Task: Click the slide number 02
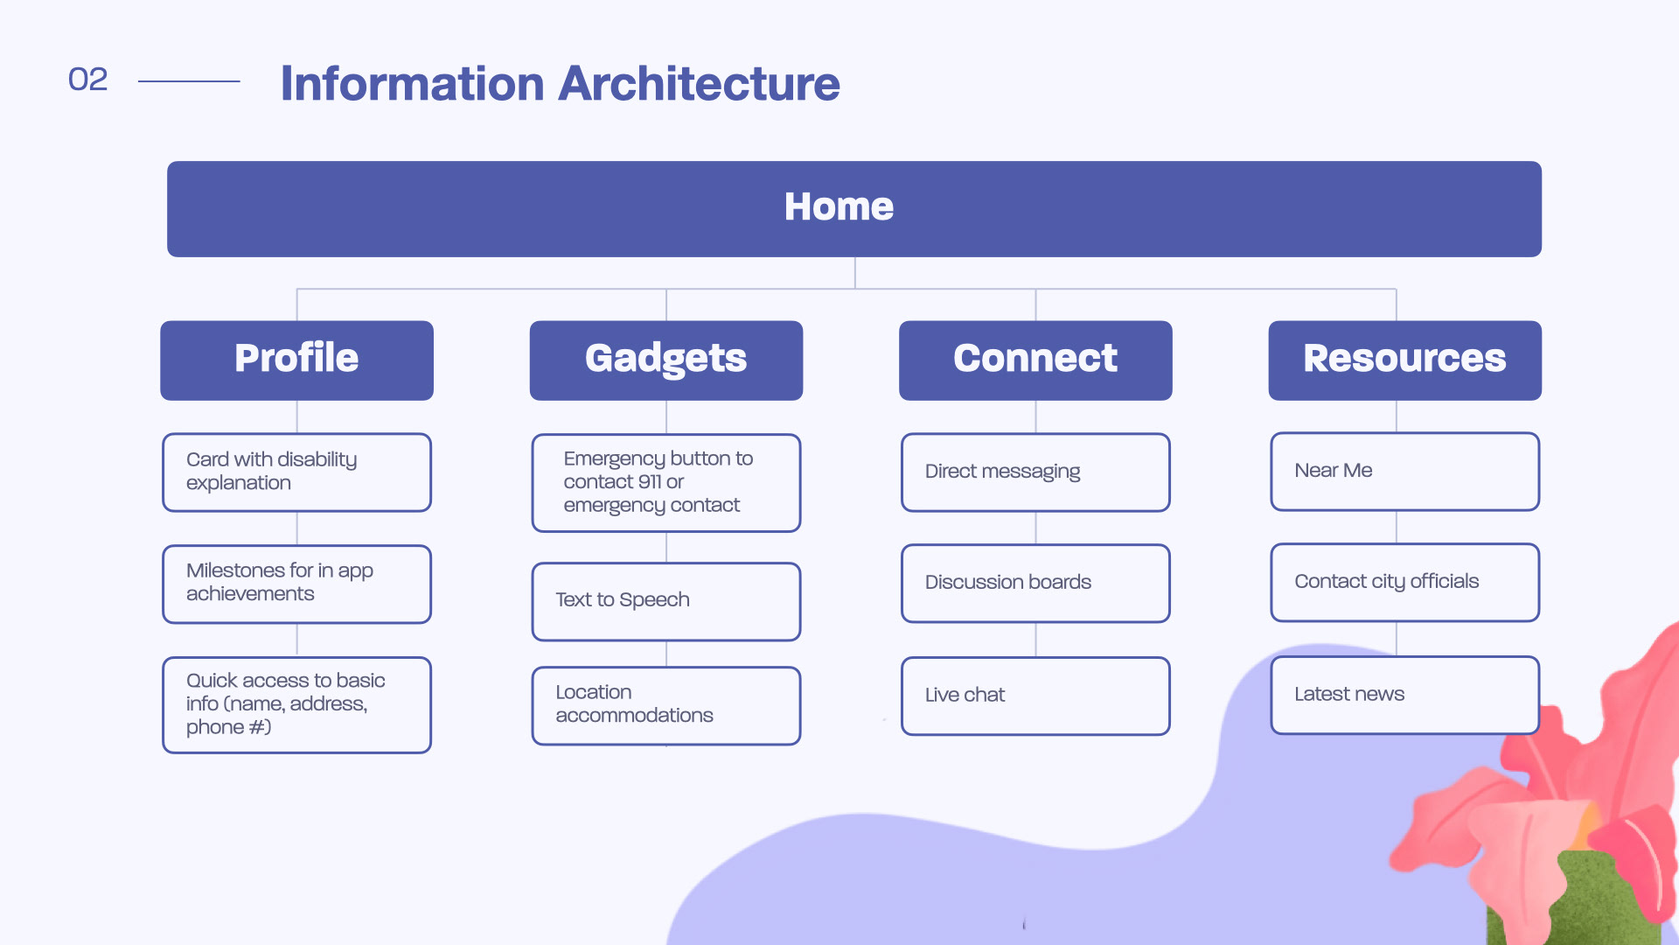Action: click(x=87, y=80)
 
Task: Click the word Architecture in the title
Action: click(x=699, y=83)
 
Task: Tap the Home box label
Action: click(x=839, y=206)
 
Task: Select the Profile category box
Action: click(x=296, y=360)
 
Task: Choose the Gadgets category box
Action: click(x=666, y=360)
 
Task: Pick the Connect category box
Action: click(x=1035, y=360)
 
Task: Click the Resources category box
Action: click(x=1405, y=360)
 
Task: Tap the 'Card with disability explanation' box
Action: click(x=296, y=472)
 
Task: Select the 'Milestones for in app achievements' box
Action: click(x=296, y=584)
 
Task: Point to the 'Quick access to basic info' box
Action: click(x=296, y=705)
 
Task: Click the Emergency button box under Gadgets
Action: click(x=666, y=483)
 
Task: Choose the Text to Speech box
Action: click(x=666, y=602)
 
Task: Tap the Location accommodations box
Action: click(x=666, y=706)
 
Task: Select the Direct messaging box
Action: click(x=1035, y=472)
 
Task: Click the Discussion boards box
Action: click(x=1035, y=584)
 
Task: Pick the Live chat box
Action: click(x=1035, y=696)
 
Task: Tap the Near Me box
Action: click(x=1405, y=472)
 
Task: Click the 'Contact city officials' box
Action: click(x=1405, y=583)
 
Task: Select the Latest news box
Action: click(x=1405, y=696)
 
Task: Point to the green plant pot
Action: click(x=1574, y=901)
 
